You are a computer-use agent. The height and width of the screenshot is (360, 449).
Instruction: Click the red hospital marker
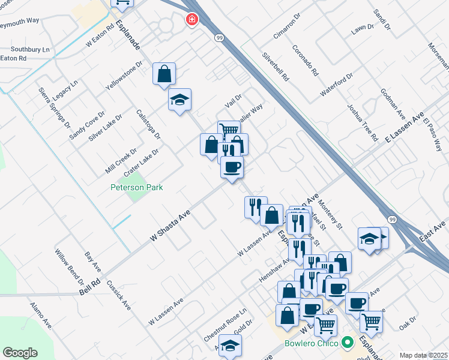click(191, 20)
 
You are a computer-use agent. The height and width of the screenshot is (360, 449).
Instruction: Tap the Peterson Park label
click(137, 187)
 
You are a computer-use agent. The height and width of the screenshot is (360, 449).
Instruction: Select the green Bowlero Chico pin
click(347, 344)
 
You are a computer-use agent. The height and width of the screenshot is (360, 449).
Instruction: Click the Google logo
click(20, 353)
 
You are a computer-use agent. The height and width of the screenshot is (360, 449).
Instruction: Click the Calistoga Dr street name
click(148, 124)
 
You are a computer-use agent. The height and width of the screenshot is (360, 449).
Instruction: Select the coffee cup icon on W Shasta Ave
click(232, 167)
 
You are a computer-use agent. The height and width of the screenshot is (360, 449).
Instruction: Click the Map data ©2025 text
click(424, 355)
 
